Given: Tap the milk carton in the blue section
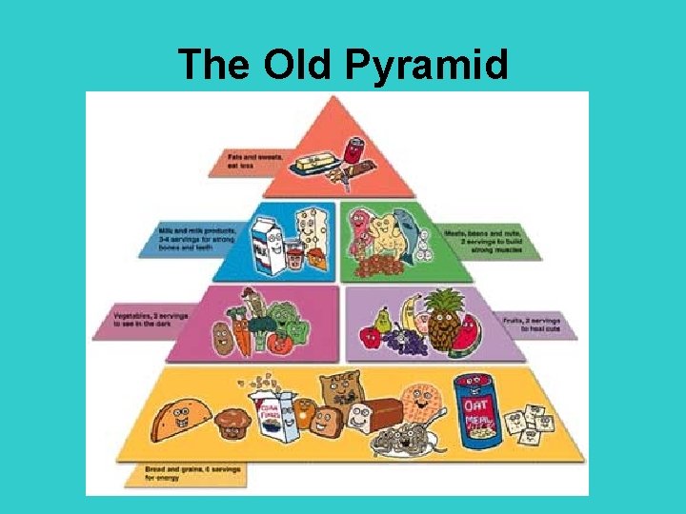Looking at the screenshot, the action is coord(266,246).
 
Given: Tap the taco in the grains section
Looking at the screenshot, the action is coord(186,419).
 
